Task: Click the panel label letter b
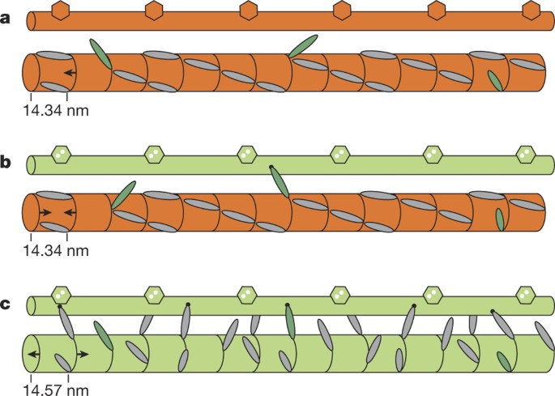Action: click(6, 163)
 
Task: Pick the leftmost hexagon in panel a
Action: click(60, 11)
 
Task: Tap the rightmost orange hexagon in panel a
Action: click(531, 11)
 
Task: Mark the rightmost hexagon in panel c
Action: click(528, 294)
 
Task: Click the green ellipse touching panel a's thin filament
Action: click(302, 45)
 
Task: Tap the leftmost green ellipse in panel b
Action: click(123, 195)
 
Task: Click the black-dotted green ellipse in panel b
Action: click(279, 181)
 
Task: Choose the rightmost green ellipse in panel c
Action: click(503, 361)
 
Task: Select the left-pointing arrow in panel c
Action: click(32, 356)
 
